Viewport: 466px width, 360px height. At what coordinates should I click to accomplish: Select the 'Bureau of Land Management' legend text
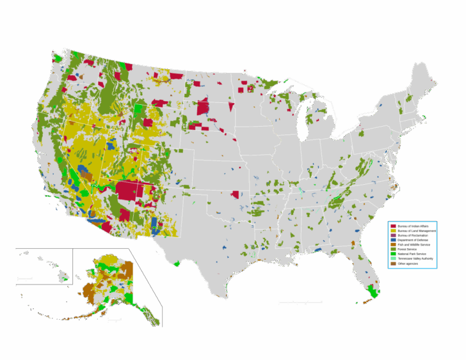[417, 231]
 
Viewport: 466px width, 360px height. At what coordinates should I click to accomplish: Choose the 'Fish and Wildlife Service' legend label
[414, 244]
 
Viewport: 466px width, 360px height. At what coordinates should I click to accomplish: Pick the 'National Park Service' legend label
[411, 254]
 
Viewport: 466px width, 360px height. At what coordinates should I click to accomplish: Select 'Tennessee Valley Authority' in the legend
[415, 258]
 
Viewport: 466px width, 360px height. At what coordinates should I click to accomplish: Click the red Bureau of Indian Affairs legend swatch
[393, 226]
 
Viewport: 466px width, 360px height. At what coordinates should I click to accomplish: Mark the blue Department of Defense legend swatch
[393, 240]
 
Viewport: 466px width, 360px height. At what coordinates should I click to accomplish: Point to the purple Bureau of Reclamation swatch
[393, 235]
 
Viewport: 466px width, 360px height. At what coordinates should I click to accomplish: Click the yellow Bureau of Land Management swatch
[393, 231]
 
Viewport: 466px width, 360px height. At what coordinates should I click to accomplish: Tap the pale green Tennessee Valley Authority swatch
[393, 258]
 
